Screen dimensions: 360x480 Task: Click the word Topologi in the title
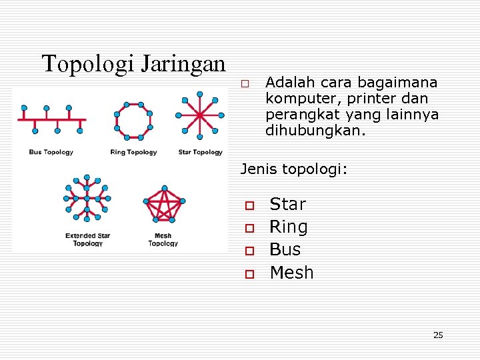pyautogui.click(x=87, y=64)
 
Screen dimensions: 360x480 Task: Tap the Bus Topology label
pyautogui.click(x=51, y=152)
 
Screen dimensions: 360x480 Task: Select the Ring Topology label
pyautogui.click(x=133, y=152)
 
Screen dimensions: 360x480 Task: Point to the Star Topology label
pyautogui.click(x=200, y=152)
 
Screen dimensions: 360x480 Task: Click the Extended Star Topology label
pyautogui.click(x=88, y=239)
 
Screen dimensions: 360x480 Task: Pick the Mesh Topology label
pyautogui.click(x=163, y=239)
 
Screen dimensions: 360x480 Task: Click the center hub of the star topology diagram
pyautogui.click(x=199, y=115)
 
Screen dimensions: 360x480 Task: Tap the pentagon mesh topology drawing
pyautogui.click(x=163, y=203)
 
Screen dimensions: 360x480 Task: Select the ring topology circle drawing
pyautogui.click(x=133, y=121)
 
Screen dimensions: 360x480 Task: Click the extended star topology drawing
pyautogui.click(x=86, y=198)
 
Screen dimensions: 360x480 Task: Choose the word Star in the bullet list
pyautogui.click(x=287, y=204)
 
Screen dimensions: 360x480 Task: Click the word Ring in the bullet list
pyautogui.click(x=289, y=227)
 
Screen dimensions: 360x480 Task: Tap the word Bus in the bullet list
pyautogui.click(x=285, y=249)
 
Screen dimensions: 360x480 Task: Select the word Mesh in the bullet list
pyautogui.click(x=291, y=273)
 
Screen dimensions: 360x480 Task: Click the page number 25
pyautogui.click(x=438, y=335)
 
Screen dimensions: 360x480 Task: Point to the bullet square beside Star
pyautogui.click(x=249, y=205)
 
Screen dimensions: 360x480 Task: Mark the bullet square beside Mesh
pyautogui.click(x=249, y=273)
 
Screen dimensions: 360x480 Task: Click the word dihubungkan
pyautogui.click(x=315, y=131)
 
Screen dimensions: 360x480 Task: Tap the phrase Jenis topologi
pyautogui.click(x=293, y=169)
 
